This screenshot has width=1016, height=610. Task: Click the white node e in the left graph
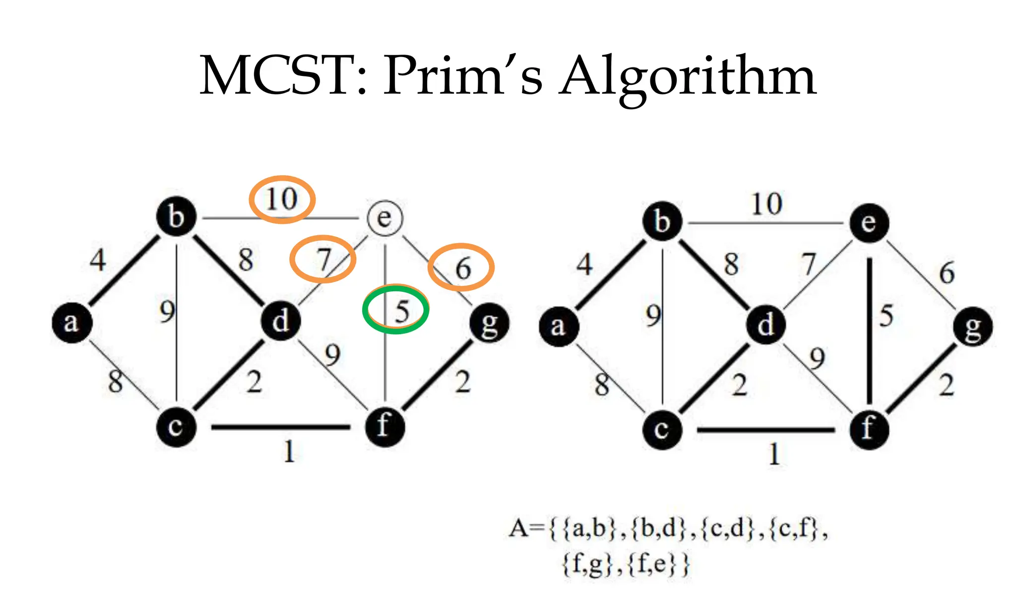[385, 218]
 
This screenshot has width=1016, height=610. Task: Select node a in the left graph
[72, 323]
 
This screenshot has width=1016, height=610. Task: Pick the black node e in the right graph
[869, 223]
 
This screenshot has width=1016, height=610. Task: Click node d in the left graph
[281, 321]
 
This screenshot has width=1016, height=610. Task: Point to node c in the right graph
[662, 429]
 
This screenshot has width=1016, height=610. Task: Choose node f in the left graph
[384, 427]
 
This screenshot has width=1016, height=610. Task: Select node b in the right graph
[662, 221]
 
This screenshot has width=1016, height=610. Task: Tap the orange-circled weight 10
[281, 200]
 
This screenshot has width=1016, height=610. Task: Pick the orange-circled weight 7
[323, 259]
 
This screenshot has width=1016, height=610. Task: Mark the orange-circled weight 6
[462, 268]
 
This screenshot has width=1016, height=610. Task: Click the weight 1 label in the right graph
[774, 454]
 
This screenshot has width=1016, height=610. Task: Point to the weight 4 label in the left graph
[98, 260]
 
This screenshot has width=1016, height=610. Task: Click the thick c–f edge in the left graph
[281, 427]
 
